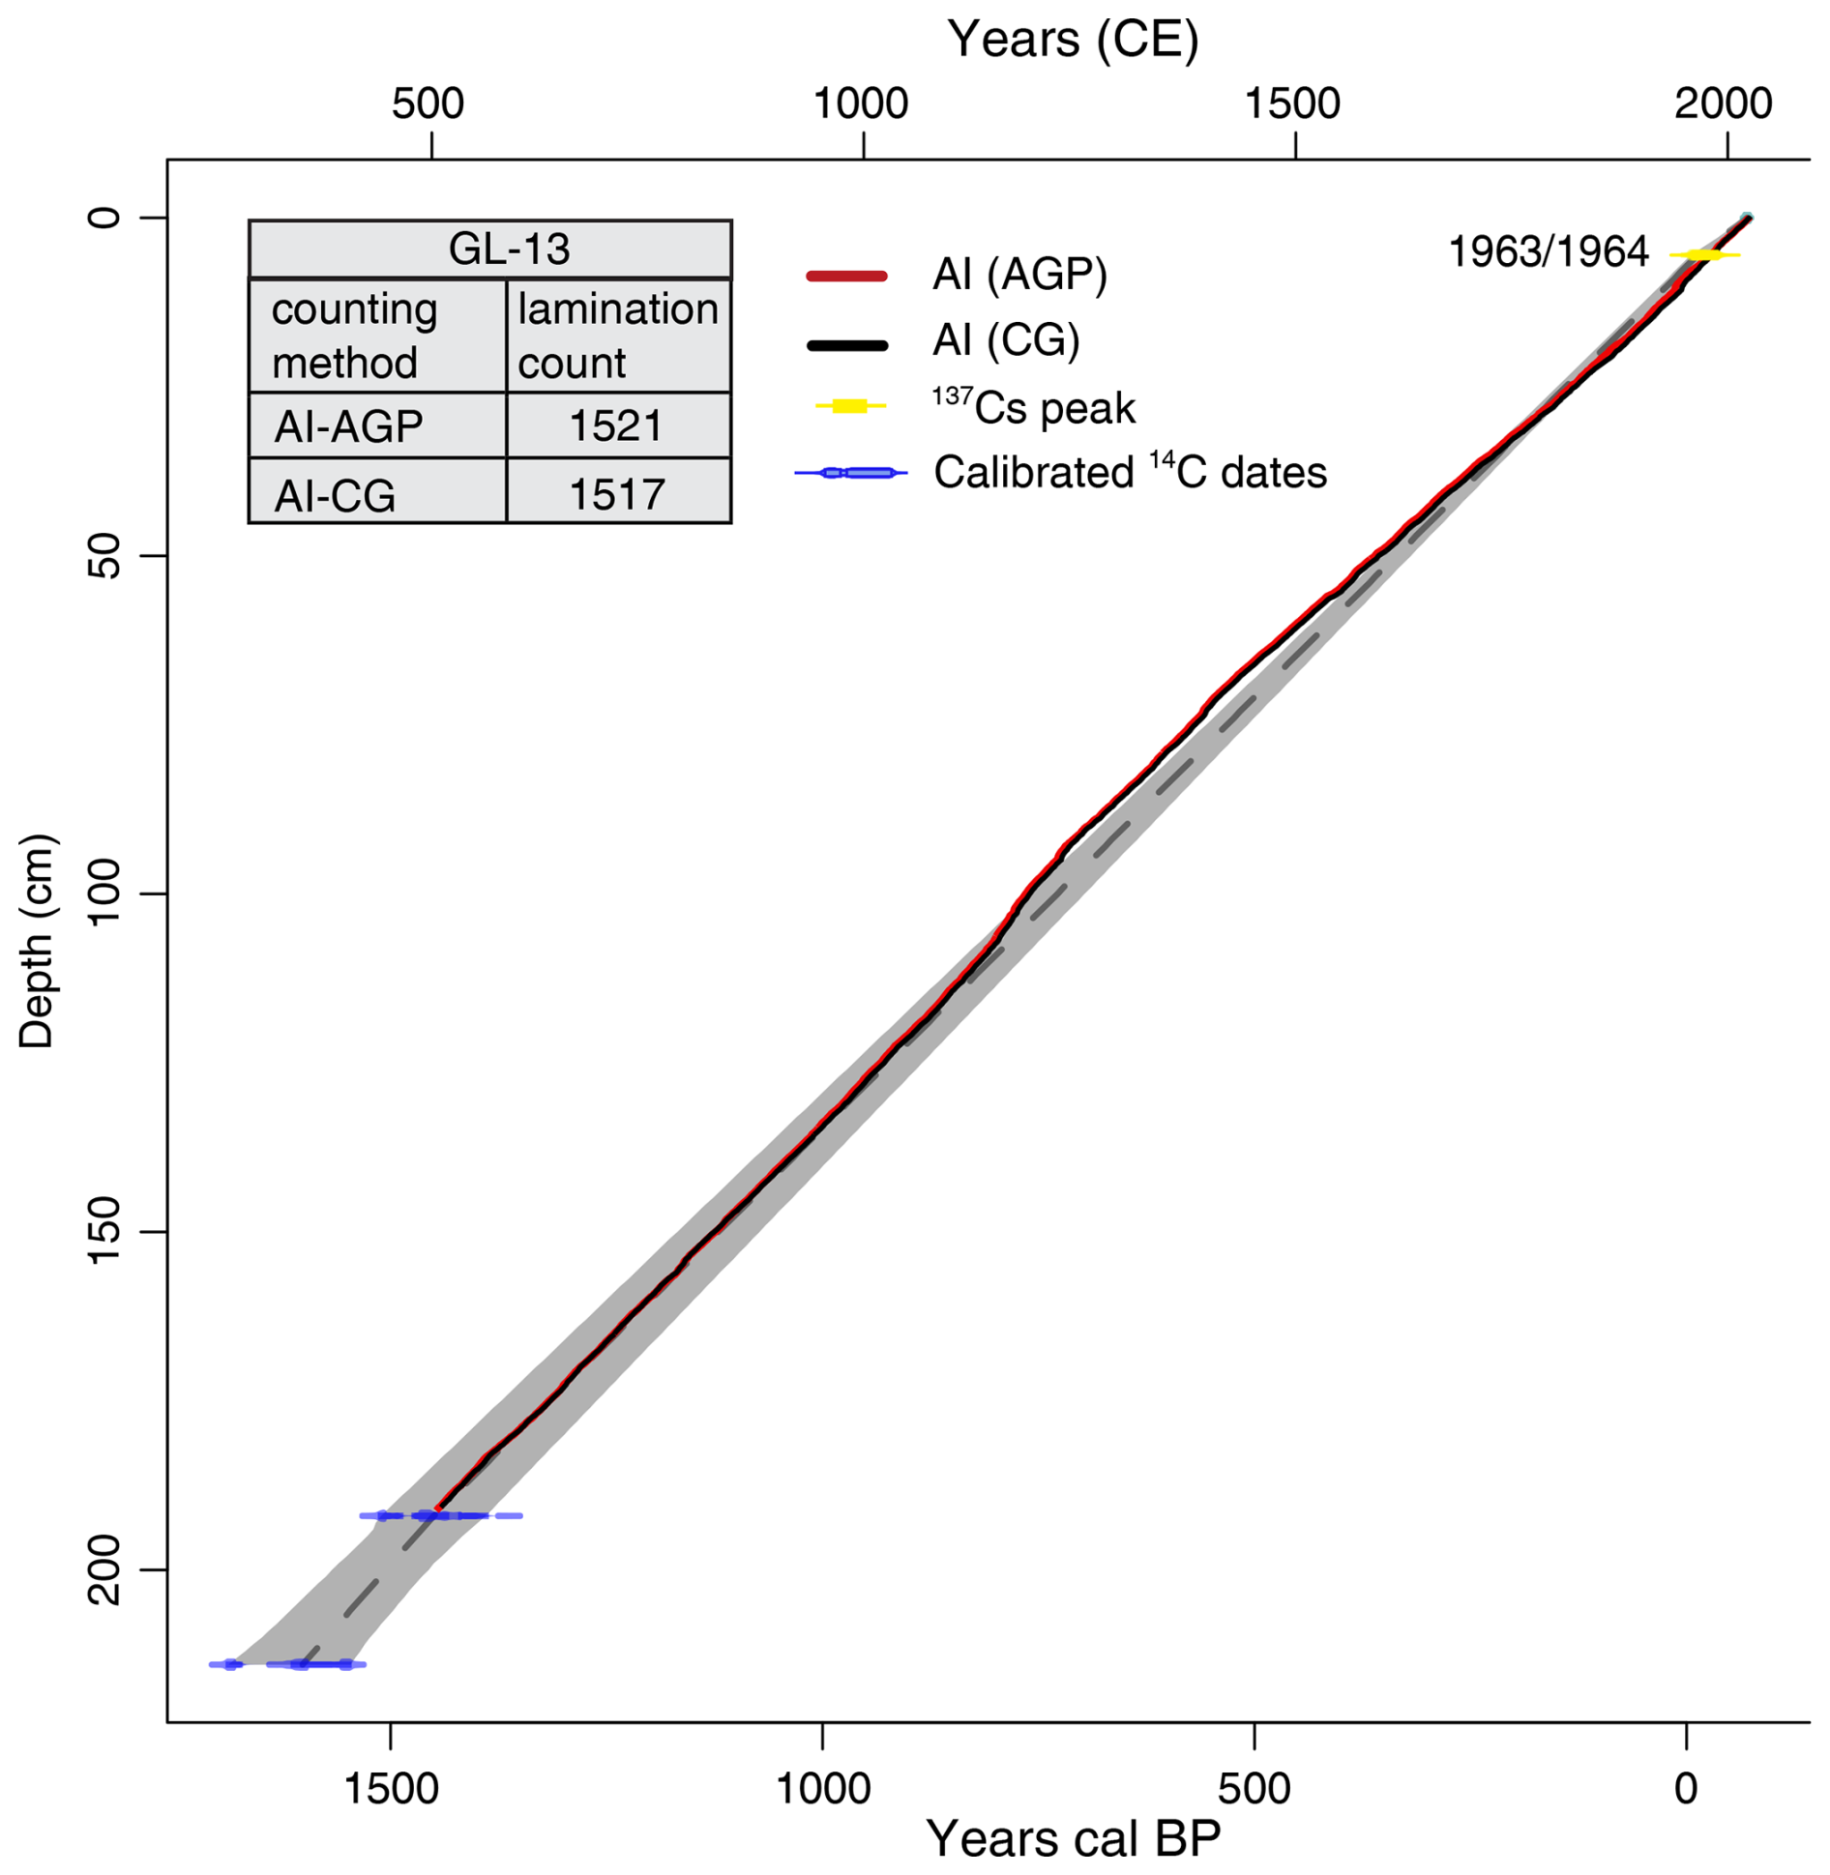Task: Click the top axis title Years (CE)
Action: [x=1073, y=41]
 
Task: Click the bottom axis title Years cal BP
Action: [x=1073, y=1836]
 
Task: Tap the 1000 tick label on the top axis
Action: [x=860, y=103]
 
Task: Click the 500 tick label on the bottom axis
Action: [x=1254, y=1788]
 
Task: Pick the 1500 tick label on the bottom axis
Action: [x=391, y=1788]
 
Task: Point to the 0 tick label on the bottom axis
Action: [x=1686, y=1788]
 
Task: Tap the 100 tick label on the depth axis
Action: [x=104, y=893]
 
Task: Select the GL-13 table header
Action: [x=509, y=249]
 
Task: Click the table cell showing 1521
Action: [x=616, y=426]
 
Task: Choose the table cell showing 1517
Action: [x=616, y=494]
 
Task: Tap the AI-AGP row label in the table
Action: [x=349, y=426]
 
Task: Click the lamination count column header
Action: [x=618, y=336]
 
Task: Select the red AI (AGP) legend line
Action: [x=846, y=277]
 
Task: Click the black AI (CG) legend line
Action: [x=846, y=345]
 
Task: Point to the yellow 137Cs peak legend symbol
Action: [x=849, y=406]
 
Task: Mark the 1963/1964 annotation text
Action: [x=1548, y=252]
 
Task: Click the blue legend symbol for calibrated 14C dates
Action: [x=850, y=473]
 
